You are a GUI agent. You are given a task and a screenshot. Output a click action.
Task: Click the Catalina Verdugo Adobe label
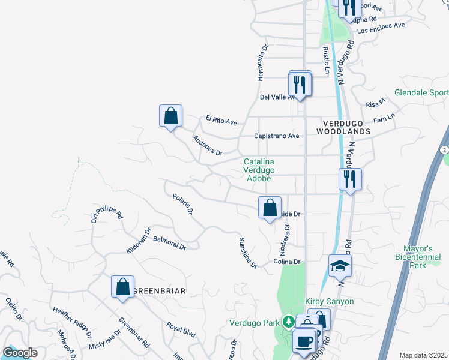pos(259,170)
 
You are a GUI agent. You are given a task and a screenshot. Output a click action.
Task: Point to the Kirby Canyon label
pos(330,301)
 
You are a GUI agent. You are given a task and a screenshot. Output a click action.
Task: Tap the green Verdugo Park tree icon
pos(289,322)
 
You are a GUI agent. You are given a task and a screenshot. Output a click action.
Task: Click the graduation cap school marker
pos(340,265)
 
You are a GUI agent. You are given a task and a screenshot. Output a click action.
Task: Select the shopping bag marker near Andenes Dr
pos(170,115)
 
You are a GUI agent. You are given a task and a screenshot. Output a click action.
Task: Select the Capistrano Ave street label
pos(276,136)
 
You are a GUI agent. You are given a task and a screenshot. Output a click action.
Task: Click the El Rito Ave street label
pos(221,121)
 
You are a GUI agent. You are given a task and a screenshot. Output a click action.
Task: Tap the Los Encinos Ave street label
pos(381,28)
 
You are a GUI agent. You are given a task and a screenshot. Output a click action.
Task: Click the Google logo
pos(20,353)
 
